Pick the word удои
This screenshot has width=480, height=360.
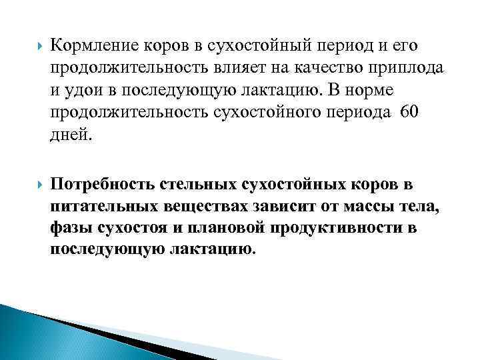pyautogui.click(x=86, y=90)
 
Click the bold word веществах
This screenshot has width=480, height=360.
pyautogui.click(x=201, y=205)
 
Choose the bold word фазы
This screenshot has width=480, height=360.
pyautogui.click(x=70, y=228)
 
